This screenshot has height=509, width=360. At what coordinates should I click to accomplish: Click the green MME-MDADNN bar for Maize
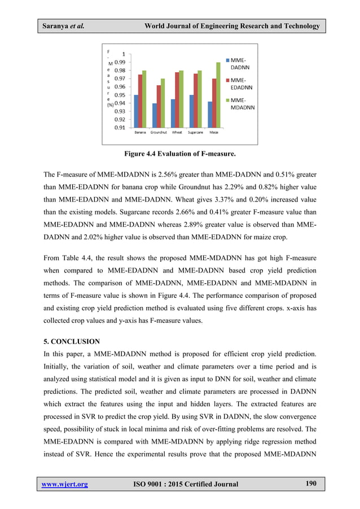click(218, 95)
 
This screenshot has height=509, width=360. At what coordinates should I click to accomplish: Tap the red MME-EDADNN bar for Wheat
click(177, 100)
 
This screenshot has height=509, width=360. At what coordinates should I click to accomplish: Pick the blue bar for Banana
click(136, 111)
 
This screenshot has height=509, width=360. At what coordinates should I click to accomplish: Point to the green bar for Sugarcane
click(200, 99)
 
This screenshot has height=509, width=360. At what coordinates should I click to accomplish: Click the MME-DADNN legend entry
click(240, 63)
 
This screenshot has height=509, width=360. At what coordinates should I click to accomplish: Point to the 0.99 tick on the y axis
click(120, 62)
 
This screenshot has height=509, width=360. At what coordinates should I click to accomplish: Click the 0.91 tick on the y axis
click(120, 128)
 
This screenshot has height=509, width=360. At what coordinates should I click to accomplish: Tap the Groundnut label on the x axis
click(159, 133)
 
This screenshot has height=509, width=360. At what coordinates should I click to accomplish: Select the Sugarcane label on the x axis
click(196, 133)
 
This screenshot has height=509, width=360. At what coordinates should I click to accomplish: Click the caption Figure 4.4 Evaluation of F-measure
click(179, 153)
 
